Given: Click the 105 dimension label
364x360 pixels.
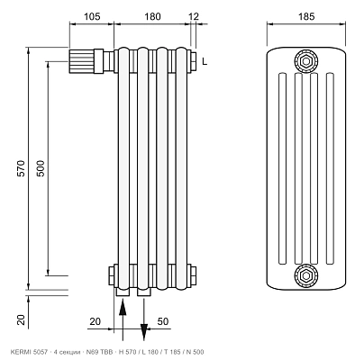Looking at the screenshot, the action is click(x=92, y=16).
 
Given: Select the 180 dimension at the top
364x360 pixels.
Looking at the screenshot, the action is click(x=152, y=16).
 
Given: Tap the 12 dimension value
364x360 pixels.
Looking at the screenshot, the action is click(x=194, y=16).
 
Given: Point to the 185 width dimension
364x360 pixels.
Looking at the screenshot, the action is click(x=306, y=16).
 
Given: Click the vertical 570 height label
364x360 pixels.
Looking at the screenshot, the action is click(x=21, y=168).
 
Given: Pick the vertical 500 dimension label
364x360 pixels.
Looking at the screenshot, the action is click(x=41, y=168).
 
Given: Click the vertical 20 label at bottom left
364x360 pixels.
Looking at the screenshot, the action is click(x=21, y=319).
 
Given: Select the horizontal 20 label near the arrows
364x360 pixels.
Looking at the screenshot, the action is click(x=96, y=321).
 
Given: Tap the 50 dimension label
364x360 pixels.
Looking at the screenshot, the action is click(x=163, y=321).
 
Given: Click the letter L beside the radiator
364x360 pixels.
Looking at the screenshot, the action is click(x=205, y=62).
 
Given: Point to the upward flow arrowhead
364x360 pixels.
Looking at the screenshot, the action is click(x=123, y=307).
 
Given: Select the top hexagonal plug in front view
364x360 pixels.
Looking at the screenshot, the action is click(x=306, y=61).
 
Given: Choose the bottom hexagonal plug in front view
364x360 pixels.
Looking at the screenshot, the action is click(x=306, y=275).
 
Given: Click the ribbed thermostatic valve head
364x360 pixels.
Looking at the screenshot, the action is click(x=81, y=61).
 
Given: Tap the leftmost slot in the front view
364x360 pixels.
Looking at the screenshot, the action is click(x=282, y=168).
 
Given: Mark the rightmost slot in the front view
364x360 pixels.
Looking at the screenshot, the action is click(x=330, y=168).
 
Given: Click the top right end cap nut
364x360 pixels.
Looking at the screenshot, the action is click(x=193, y=62).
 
